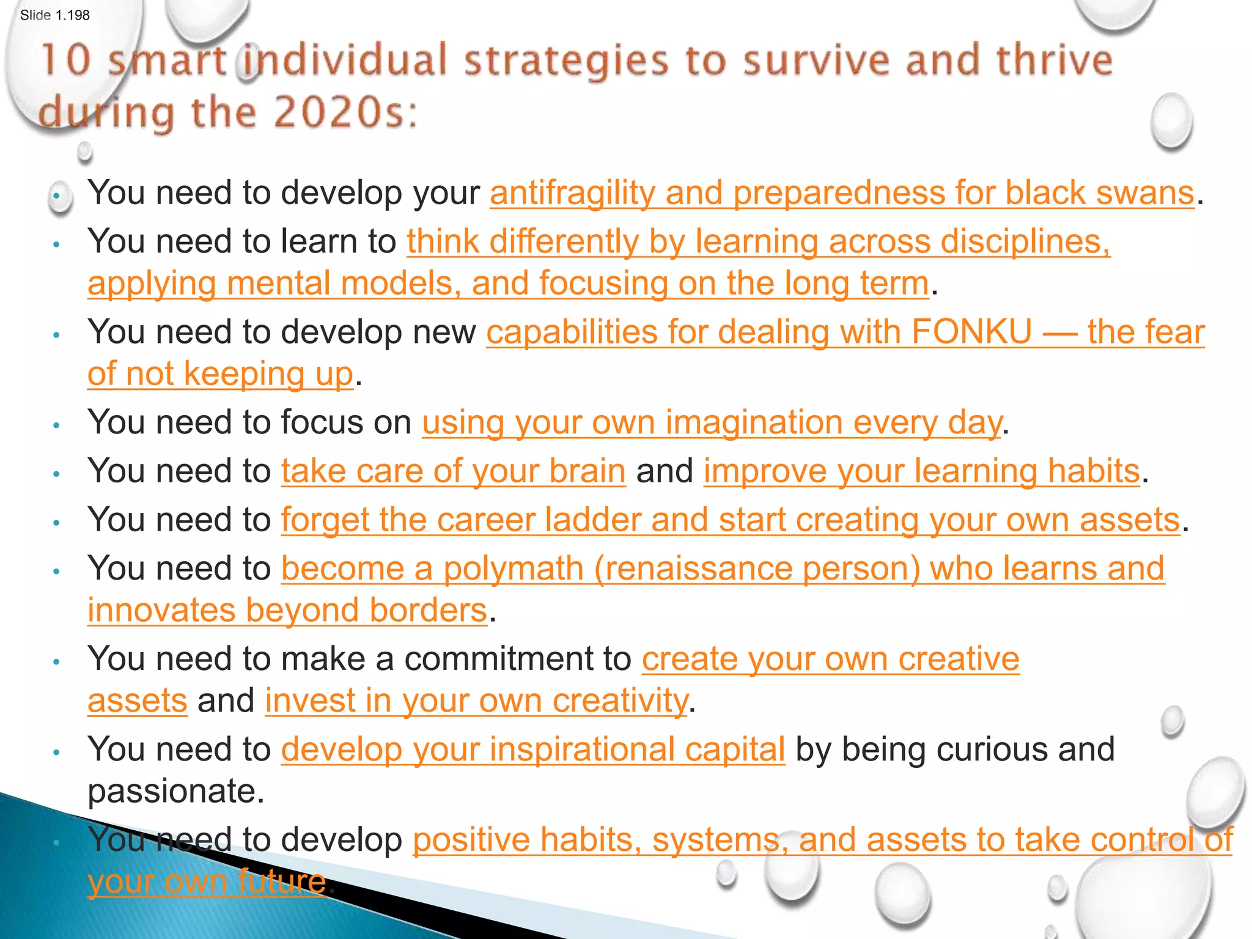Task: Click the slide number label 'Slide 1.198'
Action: tap(54, 15)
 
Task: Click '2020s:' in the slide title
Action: tap(345, 113)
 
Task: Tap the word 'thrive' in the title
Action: tap(1054, 61)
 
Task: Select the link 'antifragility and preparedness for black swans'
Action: tap(841, 193)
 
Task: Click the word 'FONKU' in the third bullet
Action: tap(971, 333)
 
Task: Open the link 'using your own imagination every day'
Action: tap(712, 423)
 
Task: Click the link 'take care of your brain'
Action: tap(453, 471)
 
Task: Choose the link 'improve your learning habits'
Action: tap(921, 471)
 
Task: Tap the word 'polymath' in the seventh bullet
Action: tap(514, 569)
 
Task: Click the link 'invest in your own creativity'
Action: tap(476, 701)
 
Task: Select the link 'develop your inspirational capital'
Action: tap(532, 749)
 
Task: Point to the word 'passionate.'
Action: tap(176, 791)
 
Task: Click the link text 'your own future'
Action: tap(206, 882)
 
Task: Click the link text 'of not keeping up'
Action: tap(220, 374)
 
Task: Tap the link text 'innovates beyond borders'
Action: tap(287, 611)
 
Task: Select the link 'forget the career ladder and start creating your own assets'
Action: tap(730, 520)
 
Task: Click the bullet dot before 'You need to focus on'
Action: tap(56, 425)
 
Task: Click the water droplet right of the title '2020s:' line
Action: tap(1171, 121)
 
